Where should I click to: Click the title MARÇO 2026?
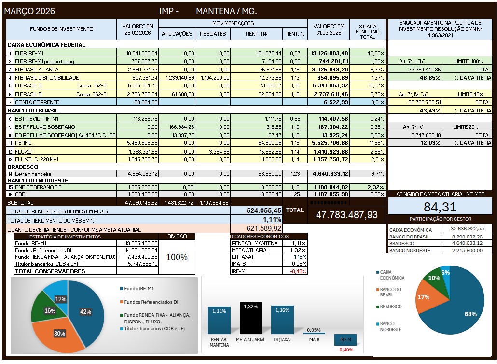click(29, 11)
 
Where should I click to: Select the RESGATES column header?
click(213, 34)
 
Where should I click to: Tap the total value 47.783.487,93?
click(346, 214)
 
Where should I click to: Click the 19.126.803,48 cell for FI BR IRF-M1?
click(329, 53)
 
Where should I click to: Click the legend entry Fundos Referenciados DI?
click(151, 302)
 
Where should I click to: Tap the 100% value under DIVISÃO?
click(177, 257)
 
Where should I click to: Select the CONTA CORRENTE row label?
click(37, 102)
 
